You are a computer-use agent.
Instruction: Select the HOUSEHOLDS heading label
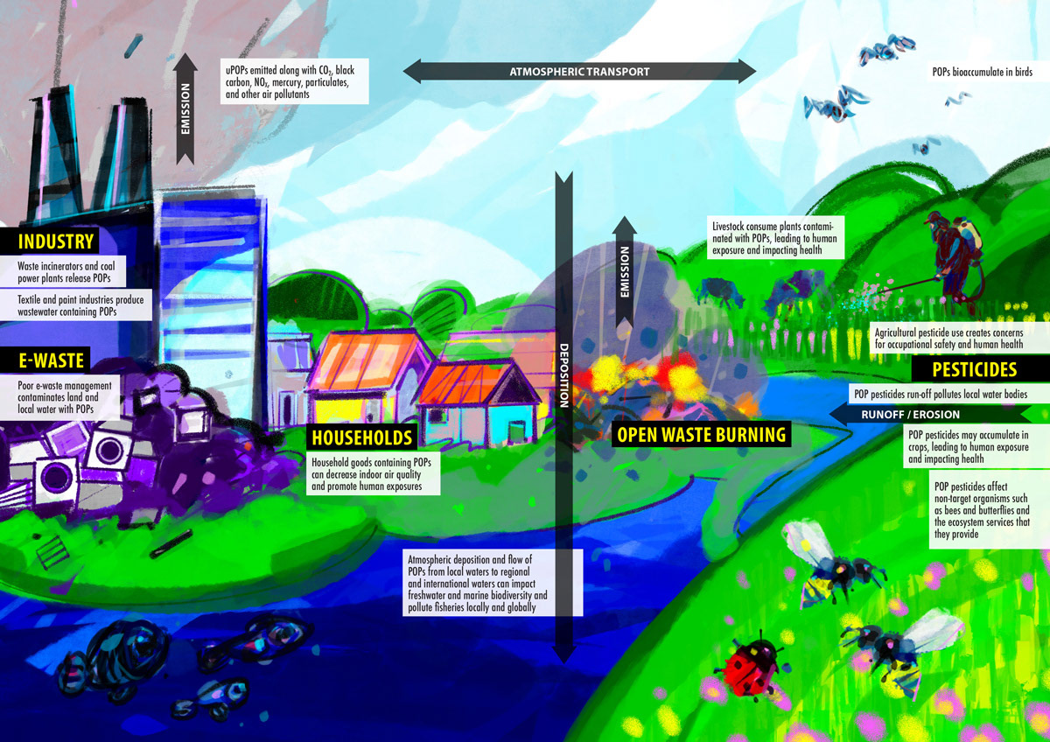pyautogui.click(x=362, y=437)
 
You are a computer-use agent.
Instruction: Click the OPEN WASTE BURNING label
pyautogui.click(x=700, y=434)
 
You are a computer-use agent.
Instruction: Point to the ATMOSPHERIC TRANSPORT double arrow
pyautogui.click(x=579, y=71)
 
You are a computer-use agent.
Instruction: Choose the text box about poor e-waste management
pyautogui.click(x=68, y=396)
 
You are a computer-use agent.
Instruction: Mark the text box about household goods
pyautogui.click(x=374, y=473)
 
